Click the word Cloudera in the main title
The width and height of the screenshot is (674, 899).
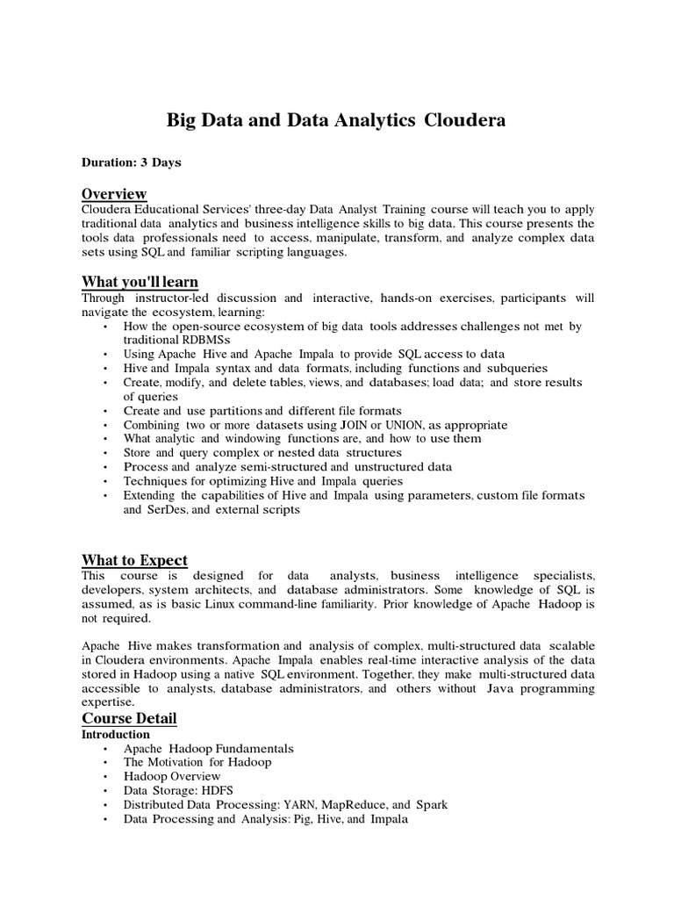click(x=465, y=121)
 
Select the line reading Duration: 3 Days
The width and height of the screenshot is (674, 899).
click(x=132, y=163)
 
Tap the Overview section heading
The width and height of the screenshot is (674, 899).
click(x=114, y=194)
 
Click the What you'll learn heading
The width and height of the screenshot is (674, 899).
click(x=140, y=282)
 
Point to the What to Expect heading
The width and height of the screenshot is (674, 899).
click(x=134, y=561)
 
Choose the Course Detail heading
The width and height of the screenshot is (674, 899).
click(x=129, y=719)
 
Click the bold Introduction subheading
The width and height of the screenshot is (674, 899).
click(x=116, y=735)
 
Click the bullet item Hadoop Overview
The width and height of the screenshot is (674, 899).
click(x=172, y=777)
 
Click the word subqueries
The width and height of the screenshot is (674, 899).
click(x=516, y=369)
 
